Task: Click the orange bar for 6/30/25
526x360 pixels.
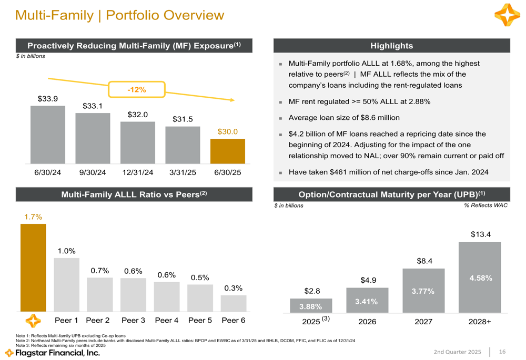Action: [x=228, y=151]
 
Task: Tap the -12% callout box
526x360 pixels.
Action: [x=137, y=90]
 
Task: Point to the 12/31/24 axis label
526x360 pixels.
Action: [x=138, y=172]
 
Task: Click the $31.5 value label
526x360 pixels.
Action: [x=183, y=119]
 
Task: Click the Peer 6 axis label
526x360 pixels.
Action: [x=233, y=320]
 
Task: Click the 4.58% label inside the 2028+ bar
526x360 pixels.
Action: [x=480, y=278]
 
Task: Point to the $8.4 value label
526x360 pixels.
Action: [x=423, y=260]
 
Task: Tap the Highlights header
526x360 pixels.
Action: [x=392, y=46]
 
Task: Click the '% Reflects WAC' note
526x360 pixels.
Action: [x=486, y=205]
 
